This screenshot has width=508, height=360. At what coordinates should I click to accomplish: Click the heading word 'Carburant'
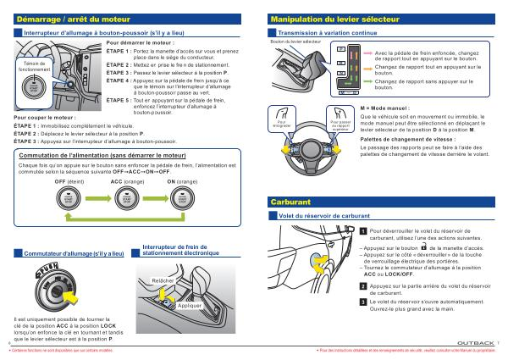tap(290, 203)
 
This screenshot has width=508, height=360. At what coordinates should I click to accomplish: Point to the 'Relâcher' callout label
tap(163, 280)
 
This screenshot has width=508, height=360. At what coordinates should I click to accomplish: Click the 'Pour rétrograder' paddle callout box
tap(283, 125)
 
